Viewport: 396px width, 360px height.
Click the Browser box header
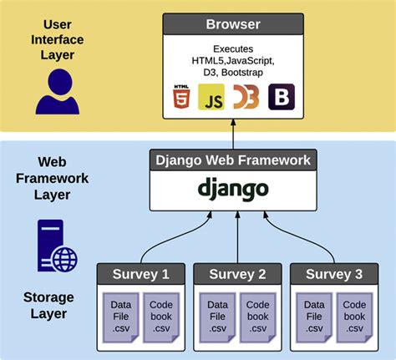[233, 23]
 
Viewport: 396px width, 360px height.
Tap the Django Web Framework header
[233, 160]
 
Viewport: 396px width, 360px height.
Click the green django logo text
[233, 189]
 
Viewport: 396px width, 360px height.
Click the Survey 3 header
[334, 274]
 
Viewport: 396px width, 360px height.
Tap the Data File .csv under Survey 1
[119, 316]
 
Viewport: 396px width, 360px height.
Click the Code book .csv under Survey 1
[160, 316]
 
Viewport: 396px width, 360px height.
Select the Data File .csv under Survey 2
[216, 316]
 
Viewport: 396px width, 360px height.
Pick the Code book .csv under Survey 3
[354, 316]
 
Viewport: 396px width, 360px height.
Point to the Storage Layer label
[48, 307]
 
